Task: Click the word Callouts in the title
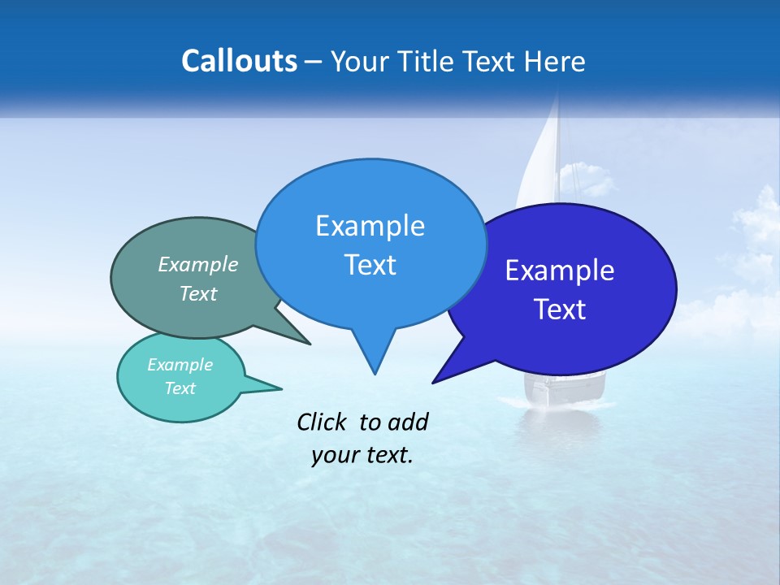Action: (239, 61)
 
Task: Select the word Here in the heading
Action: (554, 61)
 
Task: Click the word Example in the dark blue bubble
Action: (560, 271)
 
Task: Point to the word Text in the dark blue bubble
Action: (560, 310)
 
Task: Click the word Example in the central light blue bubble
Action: (370, 226)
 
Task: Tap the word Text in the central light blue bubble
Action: (370, 265)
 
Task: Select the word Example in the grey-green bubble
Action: (198, 264)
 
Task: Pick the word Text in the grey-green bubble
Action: (198, 293)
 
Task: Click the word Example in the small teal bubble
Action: (180, 365)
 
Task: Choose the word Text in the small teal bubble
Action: (180, 388)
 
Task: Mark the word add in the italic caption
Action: (407, 422)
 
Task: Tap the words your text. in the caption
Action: (362, 455)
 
